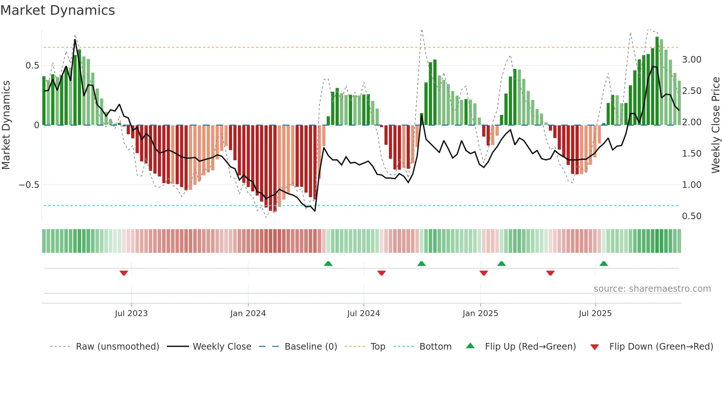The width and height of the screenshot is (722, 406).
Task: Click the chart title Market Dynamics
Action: [x=57, y=10]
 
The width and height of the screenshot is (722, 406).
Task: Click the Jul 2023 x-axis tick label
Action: [x=131, y=314]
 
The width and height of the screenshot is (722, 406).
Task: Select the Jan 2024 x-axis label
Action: [x=248, y=314]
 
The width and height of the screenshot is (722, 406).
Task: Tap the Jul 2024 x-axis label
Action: [x=363, y=314]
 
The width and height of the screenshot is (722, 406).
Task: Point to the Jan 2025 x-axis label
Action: [x=480, y=314]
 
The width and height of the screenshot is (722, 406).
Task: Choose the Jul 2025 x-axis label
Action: [x=595, y=314]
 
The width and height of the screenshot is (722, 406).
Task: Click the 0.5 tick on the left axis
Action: [x=32, y=66]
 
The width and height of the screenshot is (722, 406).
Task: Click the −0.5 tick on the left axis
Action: [x=29, y=185]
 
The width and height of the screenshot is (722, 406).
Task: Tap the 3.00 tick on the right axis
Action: [x=691, y=60]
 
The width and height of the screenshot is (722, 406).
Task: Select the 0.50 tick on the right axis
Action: [x=691, y=216]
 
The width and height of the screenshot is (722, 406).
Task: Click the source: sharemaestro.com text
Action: [x=652, y=289]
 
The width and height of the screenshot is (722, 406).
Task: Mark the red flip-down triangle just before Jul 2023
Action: [x=124, y=273]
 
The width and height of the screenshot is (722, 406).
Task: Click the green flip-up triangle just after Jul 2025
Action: [x=603, y=263]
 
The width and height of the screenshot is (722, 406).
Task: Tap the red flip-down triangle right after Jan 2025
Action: [x=484, y=273]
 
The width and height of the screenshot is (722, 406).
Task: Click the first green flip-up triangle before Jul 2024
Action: [x=328, y=263]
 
